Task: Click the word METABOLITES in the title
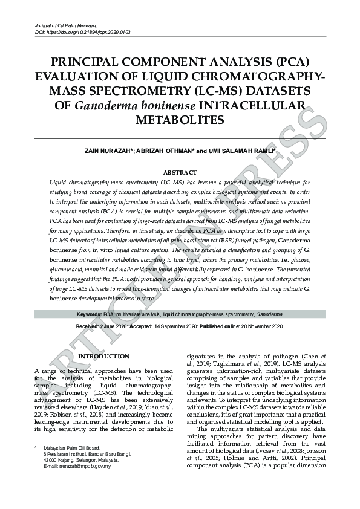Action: coord(180,120)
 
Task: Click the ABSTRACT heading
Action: coord(180,172)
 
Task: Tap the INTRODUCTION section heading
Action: coord(104,357)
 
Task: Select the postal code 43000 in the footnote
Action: coord(51,460)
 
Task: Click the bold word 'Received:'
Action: coord(88,326)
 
